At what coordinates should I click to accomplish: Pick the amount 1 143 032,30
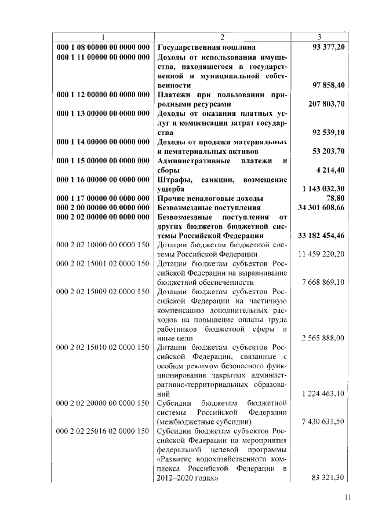(x=323, y=189)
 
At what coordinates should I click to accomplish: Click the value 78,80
(x=335, y=198)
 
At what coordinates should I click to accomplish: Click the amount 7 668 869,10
(x=323, y=282)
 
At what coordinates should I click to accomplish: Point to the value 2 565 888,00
(x=323, y=338)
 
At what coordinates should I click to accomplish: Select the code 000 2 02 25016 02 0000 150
(x=103, y=432)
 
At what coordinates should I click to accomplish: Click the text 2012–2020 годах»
(x=187, y=479)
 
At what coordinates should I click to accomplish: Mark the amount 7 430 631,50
(x=323, y=422)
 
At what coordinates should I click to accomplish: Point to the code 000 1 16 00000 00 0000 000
(x=103, y=179)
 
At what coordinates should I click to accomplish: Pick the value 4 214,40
(x=331, y=170)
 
